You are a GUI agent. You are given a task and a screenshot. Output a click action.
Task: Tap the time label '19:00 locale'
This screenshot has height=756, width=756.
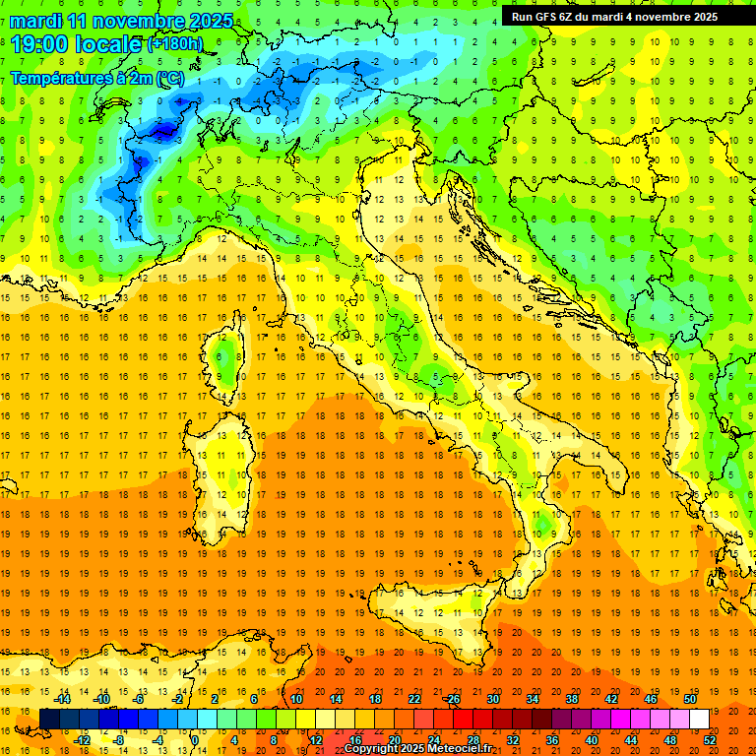pyautogui.click(x=77, y=44)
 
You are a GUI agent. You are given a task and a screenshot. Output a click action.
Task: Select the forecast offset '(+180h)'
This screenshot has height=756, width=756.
pyautogui.click(x=174, y=44)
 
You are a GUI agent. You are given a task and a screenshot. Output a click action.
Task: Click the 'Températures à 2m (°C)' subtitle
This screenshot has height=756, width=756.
pyautogui.click(x=96, y=78)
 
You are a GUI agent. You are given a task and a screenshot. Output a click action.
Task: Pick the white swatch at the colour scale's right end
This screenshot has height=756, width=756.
pyautogui.click(x=699, y=719)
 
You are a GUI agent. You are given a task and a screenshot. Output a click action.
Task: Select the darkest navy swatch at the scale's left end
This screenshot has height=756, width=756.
pyautogui.click(x=49, y=719)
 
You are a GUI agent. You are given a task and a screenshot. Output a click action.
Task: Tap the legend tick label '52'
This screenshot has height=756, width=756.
pyautogui.click(x=710, y=739)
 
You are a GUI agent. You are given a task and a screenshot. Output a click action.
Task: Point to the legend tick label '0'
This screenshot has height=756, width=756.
pyautogui.click(x=195, y=739)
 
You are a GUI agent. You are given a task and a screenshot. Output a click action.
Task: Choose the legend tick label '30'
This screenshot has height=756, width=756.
pyautogui.click(x=492, y=699)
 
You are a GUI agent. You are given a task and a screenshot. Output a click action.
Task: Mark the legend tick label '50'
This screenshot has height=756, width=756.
pyautogui.click(x=689, y=699)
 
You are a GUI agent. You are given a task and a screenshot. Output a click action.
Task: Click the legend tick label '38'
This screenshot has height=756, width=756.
pyautogui.click(x=571, y=699)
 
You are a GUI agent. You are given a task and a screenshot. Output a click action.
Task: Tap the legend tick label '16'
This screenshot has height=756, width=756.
pyautogui.click(x=354, y=739)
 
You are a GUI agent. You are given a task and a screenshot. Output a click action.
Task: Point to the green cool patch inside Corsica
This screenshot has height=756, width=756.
pyautogui.click(x=225, y=359)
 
